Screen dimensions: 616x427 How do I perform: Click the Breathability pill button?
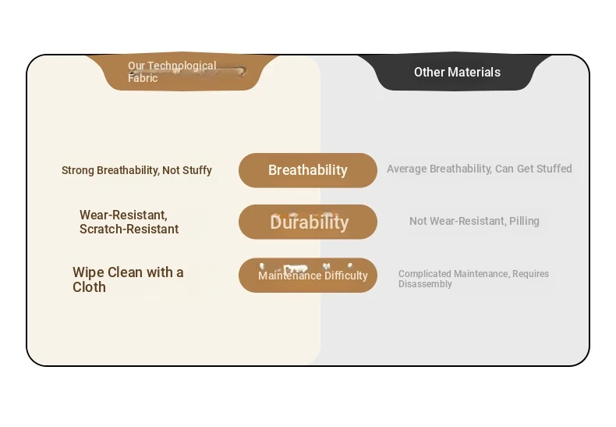click(307, 170)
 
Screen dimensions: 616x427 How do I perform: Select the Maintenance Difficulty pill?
click(307, 276)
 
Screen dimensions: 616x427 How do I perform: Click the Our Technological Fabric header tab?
click(182, 72)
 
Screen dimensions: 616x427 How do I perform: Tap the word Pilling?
click(524, 222)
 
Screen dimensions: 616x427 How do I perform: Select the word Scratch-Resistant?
click(129, 229)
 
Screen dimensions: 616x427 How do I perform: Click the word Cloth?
click(89, 287)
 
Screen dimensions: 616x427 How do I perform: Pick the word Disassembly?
click(425, 284)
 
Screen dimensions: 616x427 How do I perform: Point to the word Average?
click(406, 169)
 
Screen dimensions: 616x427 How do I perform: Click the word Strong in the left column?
click(78, 171)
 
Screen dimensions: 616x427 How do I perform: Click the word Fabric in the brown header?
click(143, 78)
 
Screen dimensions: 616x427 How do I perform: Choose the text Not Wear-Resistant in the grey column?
click(458, 222)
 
